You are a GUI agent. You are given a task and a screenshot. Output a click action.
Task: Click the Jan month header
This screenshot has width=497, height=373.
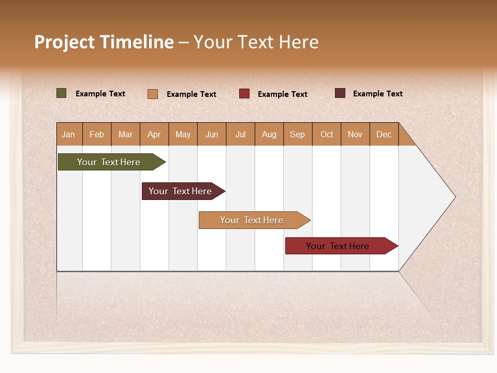point(69,134)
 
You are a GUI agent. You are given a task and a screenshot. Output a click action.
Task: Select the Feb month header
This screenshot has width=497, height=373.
point(97,134)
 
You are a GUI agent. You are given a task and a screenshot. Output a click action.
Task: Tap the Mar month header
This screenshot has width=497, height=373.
point(125,134)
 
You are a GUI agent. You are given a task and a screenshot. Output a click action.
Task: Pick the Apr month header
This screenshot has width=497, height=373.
point(154,134)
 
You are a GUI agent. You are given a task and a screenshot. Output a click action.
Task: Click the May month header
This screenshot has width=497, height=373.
point(183,134)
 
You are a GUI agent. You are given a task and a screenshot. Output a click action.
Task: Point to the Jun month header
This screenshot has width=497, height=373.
point(212,134)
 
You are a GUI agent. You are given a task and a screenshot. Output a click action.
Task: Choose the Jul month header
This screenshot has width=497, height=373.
point(240,134)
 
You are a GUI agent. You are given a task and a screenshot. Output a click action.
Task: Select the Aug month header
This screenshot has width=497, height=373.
point(269,134)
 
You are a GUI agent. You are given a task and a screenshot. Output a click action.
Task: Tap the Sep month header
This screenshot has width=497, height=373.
point(298,134)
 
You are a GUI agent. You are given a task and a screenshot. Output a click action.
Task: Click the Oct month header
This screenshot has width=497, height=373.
point(327,134)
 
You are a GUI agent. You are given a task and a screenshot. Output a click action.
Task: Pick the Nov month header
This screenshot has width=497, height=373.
point(355,134)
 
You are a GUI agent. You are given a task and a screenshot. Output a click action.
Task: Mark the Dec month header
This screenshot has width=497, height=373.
point(384,134)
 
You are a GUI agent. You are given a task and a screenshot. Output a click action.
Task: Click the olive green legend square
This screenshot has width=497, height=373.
point(62,93)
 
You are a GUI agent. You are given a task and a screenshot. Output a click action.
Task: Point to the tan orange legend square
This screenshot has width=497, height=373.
point(153,94)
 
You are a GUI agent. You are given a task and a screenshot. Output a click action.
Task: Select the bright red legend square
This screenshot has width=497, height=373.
point(244,94)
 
